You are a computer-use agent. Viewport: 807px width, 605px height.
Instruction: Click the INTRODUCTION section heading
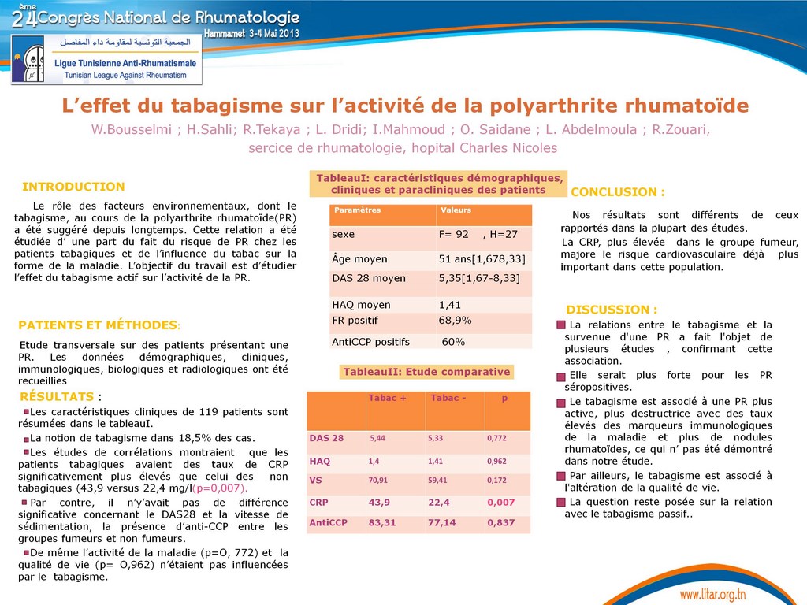click(73, 187)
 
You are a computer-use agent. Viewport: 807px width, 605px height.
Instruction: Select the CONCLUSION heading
click(617, 192)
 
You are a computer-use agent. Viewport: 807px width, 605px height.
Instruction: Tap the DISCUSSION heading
click(612, 310)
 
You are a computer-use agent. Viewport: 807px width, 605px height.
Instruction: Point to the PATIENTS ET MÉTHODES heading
click(99, 325)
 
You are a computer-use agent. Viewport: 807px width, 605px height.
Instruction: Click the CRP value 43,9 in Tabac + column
click(379, 503)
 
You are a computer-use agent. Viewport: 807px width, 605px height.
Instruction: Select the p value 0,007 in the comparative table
click(500, 503)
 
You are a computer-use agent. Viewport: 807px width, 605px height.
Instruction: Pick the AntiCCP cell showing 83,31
click(382, 522)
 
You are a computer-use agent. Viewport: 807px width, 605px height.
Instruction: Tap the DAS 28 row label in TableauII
click(326, 438)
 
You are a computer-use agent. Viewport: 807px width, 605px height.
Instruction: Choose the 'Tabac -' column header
click(448, 398)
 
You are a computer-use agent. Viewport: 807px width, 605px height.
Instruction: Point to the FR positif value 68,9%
click(455, 321)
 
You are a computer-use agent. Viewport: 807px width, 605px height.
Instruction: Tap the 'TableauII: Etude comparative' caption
click(426, 372)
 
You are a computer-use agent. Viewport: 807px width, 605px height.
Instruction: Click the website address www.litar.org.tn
click(712, 594)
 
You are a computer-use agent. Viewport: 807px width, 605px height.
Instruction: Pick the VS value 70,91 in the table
click(378, 480)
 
